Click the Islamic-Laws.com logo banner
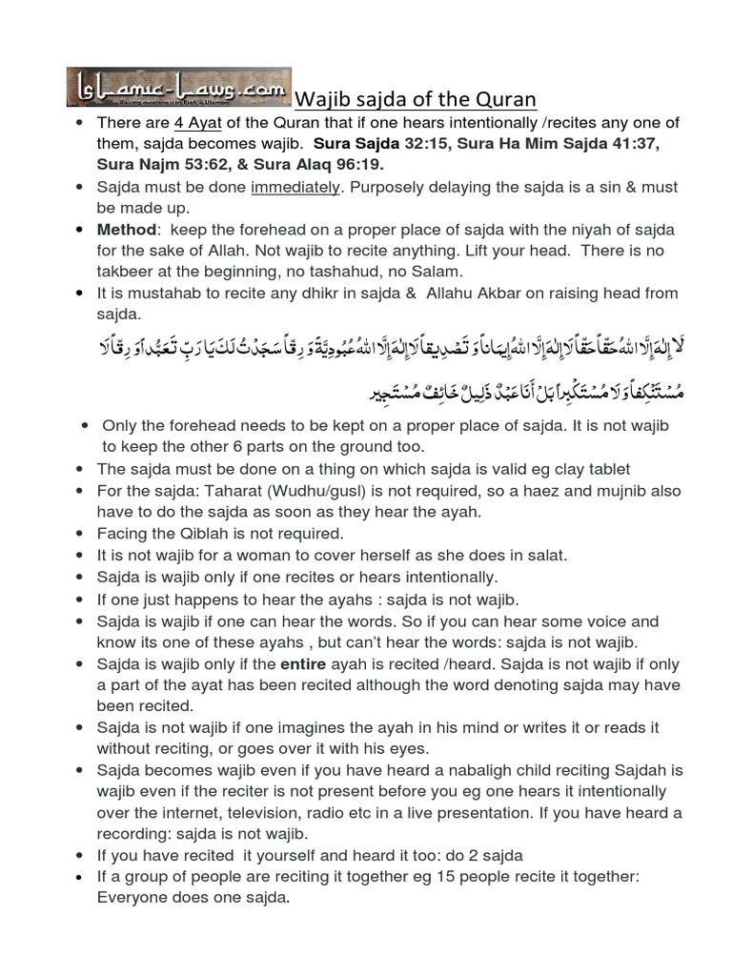[179, 87]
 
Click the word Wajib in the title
[323, 99]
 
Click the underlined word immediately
[295, 188]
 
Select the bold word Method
[126, 230]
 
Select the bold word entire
[304, 663]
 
